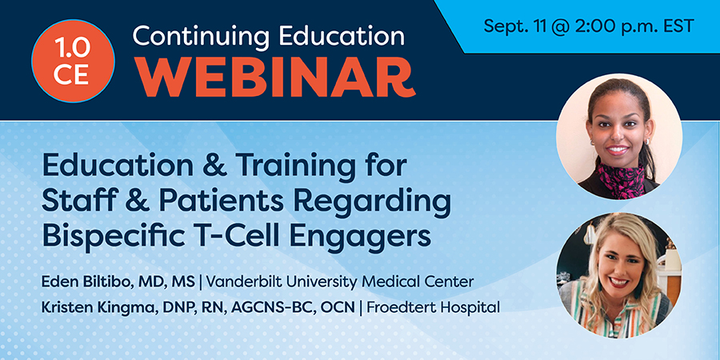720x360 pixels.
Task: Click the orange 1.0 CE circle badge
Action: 73,62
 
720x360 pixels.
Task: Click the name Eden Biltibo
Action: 82,282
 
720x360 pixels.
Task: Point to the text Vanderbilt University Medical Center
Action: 340,282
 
